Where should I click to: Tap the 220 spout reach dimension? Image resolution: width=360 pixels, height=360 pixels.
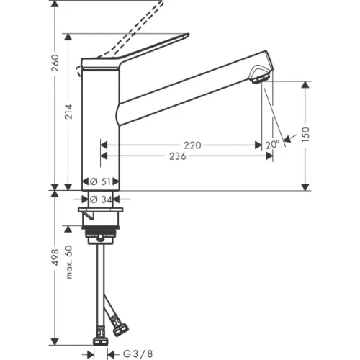192,145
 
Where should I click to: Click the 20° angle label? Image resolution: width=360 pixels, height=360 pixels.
271,145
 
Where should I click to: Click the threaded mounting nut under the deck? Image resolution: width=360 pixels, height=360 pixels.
102,233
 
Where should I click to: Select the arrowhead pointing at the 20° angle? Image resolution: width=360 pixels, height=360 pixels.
289,138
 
